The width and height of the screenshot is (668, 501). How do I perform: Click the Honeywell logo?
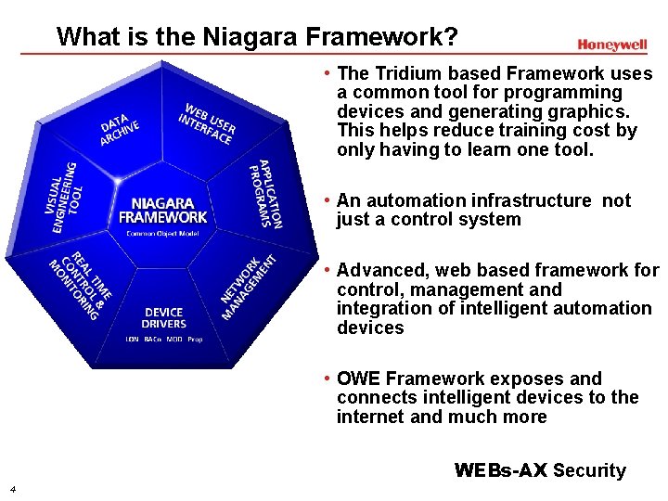click(x=611, y=44)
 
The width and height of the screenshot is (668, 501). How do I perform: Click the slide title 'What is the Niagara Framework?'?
click(x=257, y=37)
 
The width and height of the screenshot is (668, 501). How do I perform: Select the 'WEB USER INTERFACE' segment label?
click(x=207, y=122)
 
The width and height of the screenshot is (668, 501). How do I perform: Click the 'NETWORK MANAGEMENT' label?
click(x=248, y=287)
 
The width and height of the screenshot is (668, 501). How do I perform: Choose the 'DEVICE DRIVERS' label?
click(x=163, y=318)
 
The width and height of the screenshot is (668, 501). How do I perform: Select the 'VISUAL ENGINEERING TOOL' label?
click(x=66, y=197)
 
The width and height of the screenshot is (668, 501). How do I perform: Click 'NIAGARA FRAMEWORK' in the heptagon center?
click(x=163, y=210)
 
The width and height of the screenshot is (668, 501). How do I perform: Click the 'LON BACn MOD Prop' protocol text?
click(x=163, y=340)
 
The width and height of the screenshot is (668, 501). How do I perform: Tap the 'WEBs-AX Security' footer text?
click(x=540, y=470)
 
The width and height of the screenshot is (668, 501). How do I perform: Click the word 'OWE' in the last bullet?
click(x=358, y=379)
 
